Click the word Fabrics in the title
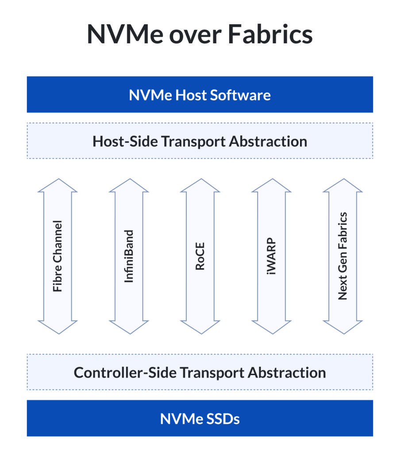pyautogui.click(x=269, y=34)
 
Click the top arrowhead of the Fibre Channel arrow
pyautogui.click(x=58, y=186)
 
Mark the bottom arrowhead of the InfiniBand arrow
pyautogui.click(x=129, y=326)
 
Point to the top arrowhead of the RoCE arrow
pyautogui.click(x=200, y=186)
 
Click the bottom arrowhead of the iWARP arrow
pyautogui.click(x=271, y=326)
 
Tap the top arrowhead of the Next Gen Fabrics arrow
pyautogui.click(x=342, y=186)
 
